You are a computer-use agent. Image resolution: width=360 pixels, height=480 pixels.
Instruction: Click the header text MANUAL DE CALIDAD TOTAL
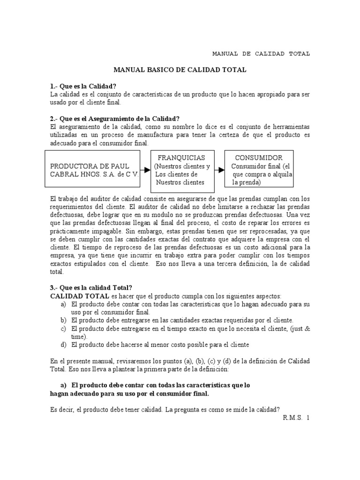(x=261, y=53)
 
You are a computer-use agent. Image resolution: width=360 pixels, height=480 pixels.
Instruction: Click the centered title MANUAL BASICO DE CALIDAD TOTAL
(x=180, y=70)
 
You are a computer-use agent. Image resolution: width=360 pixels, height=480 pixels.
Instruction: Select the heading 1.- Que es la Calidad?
(x=83, y=86)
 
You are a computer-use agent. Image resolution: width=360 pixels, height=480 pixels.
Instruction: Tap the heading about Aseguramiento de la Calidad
(x=115, y=119)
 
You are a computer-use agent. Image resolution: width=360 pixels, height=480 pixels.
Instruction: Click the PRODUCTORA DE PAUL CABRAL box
(x=94, y=170)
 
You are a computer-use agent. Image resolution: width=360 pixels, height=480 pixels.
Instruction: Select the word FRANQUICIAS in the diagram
(x=181, y=157)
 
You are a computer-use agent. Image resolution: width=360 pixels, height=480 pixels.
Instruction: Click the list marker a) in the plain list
(x=63, y=304)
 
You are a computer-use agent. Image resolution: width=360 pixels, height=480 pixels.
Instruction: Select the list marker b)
(x=63, y=320)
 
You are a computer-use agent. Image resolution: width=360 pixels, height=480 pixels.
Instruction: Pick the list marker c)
(x=63, y=328)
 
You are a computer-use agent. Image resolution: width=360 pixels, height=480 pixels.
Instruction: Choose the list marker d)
(x=63, y=345)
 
